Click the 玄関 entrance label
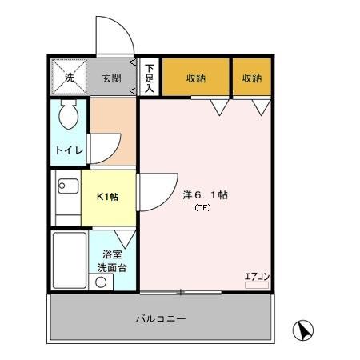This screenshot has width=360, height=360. [110, 78]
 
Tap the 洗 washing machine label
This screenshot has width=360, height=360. [70, 78]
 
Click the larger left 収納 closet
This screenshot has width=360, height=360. [196, 78]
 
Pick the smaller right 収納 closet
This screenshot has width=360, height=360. [252, 78]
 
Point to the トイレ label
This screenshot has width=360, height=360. [67, 150]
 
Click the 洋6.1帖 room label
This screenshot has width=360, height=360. [206, 194]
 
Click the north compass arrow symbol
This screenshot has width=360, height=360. [305, 330]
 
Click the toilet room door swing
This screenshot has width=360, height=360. [104, 147]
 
